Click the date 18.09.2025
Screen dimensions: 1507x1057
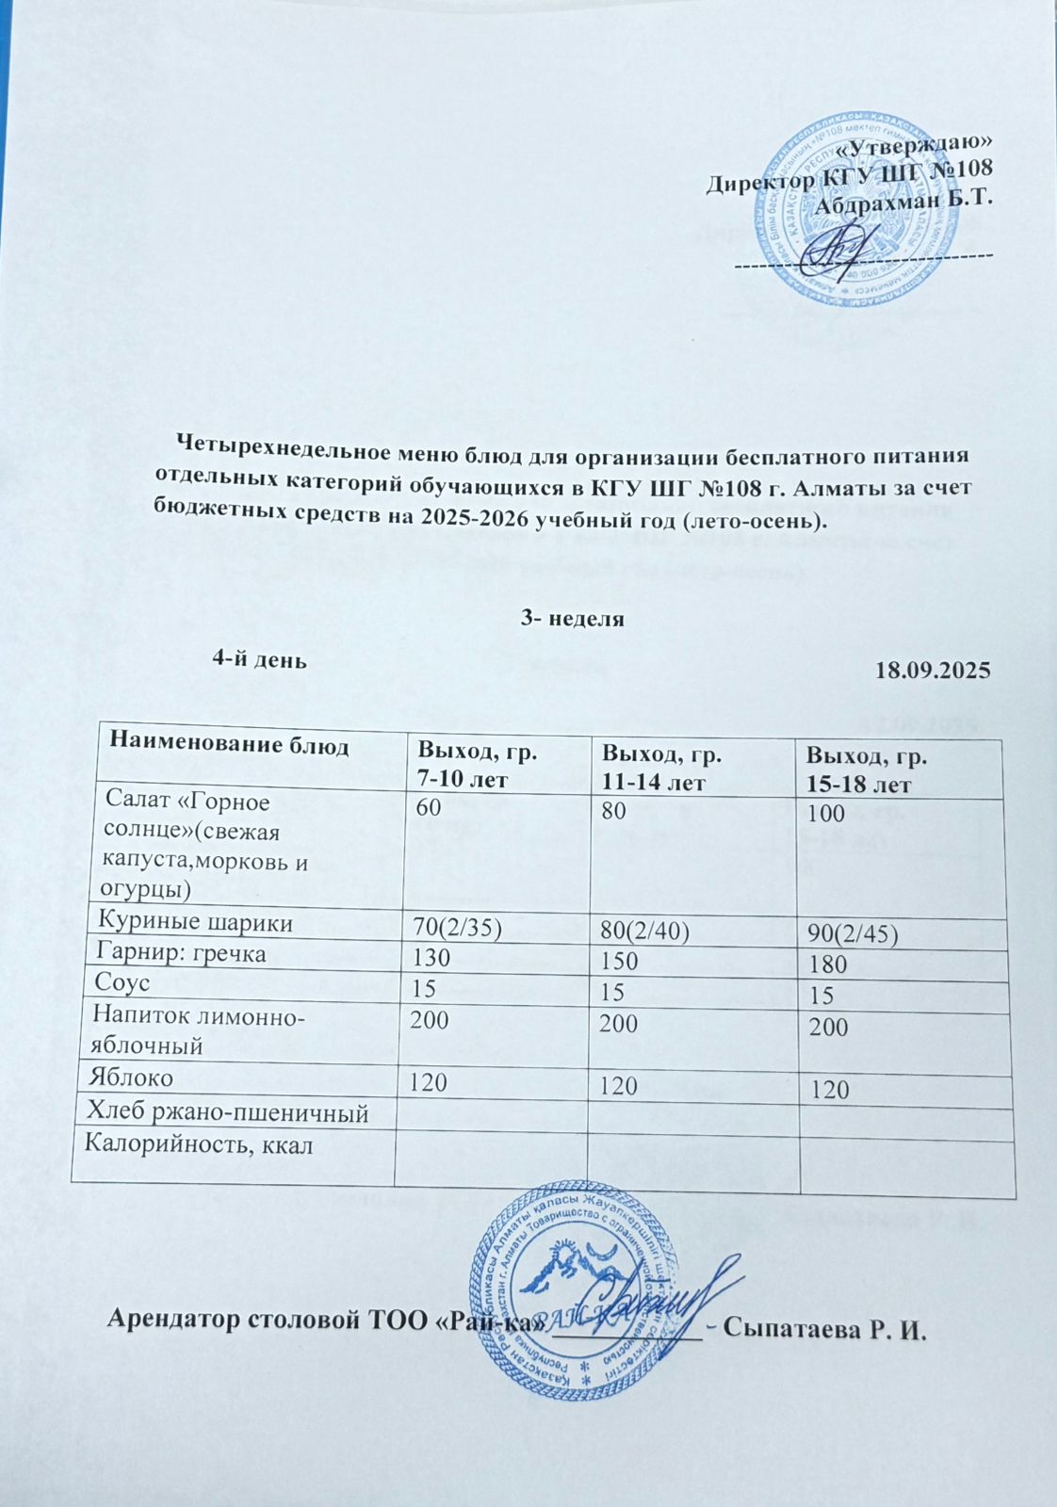point(932,671)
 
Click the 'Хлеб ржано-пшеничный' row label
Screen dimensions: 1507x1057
point(226,1112)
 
